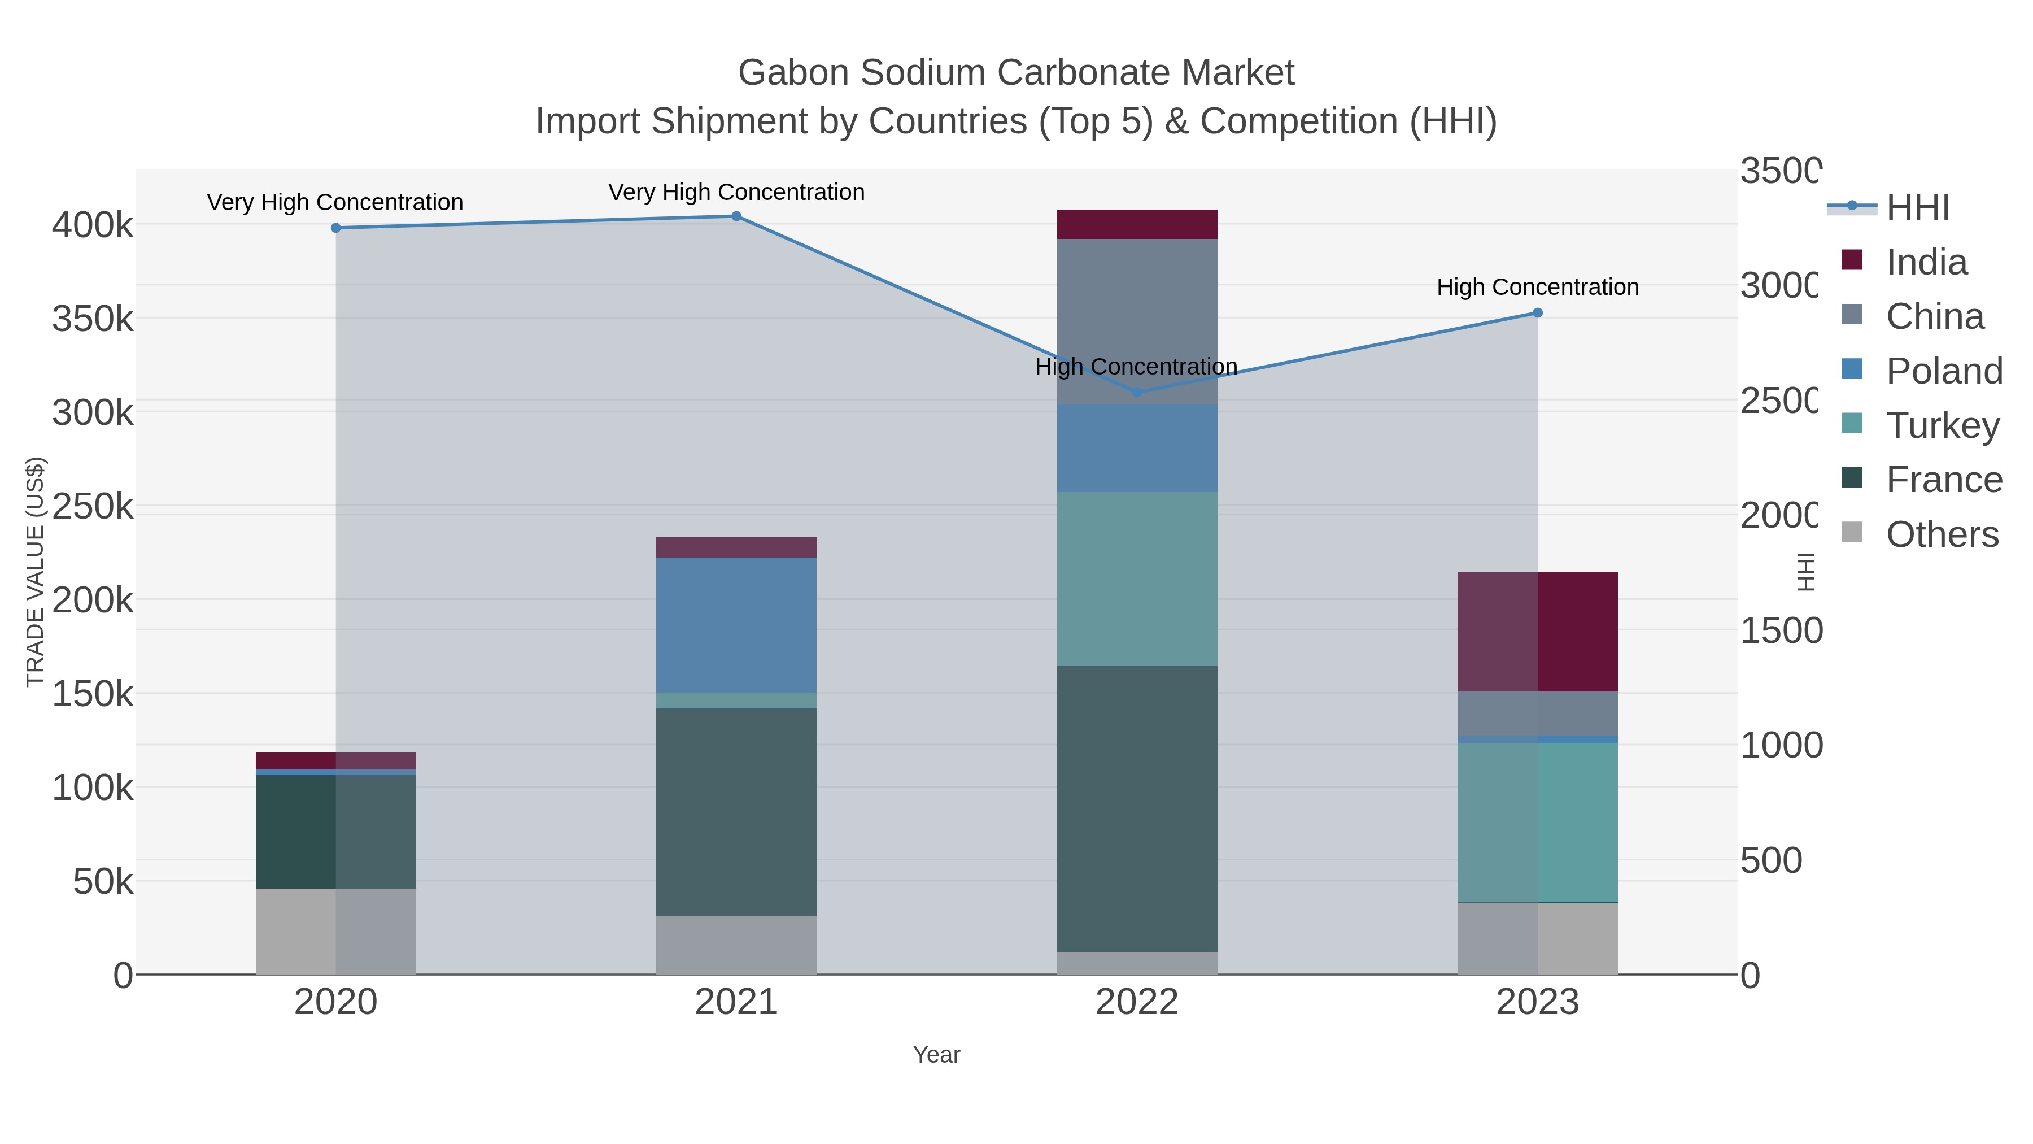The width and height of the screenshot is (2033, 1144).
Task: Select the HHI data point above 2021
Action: click(736, 216)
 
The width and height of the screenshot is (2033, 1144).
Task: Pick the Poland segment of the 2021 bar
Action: click(736, 625)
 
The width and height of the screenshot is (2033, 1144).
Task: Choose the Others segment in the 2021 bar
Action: click(736, 945)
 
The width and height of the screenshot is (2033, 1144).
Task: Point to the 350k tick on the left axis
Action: click(93, 319)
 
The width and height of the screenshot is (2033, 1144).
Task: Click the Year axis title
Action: click(936, 1055)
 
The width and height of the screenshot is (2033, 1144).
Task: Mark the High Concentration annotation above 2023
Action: click(1537, 286)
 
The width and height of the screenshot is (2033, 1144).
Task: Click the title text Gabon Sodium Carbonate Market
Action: click(1016, 73)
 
